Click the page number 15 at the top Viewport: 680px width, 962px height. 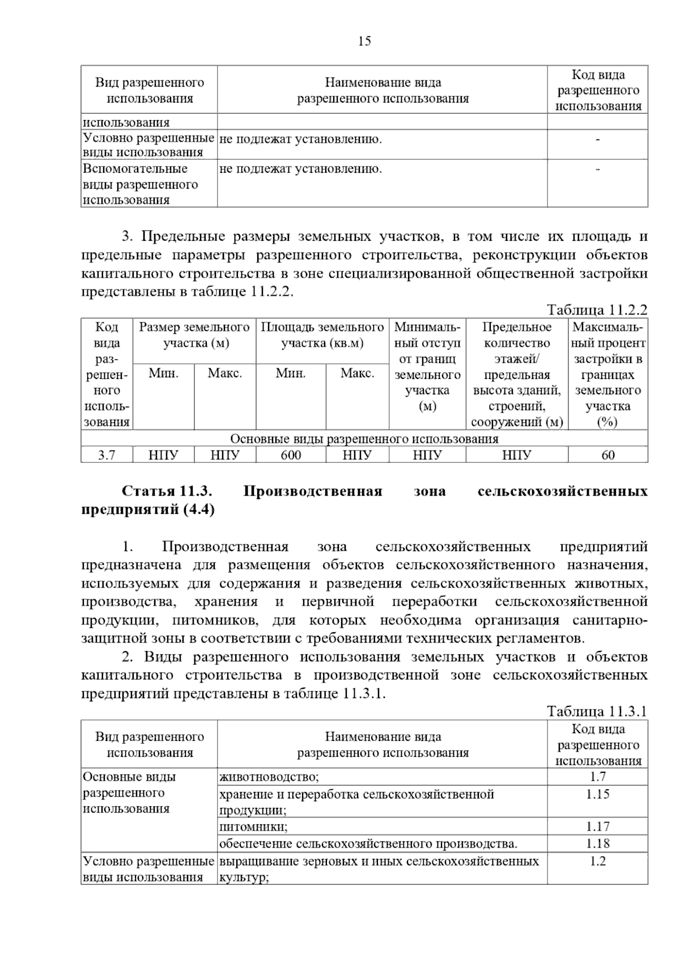coord(364,41)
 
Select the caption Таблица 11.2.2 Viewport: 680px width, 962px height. coord(597,310)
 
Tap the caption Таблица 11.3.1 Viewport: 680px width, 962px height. coord(597,712)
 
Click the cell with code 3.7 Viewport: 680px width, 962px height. coord(107,455)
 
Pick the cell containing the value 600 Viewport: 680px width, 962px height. coord(291,455)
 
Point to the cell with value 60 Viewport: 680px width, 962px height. coord(607,455)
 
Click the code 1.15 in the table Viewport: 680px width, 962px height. coord(597,794)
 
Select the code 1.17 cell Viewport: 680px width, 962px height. coord(597,826)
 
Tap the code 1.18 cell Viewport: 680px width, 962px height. coord(597,843)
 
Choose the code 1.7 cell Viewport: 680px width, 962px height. coord(597,777)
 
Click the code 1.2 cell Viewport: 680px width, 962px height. coord(597,861)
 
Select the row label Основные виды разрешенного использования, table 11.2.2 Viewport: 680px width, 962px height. coord(364,439)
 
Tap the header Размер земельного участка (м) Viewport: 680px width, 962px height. coord(194,335)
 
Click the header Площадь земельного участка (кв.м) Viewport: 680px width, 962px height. coord(322,335)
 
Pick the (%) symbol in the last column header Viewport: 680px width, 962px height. coord(607,422)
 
